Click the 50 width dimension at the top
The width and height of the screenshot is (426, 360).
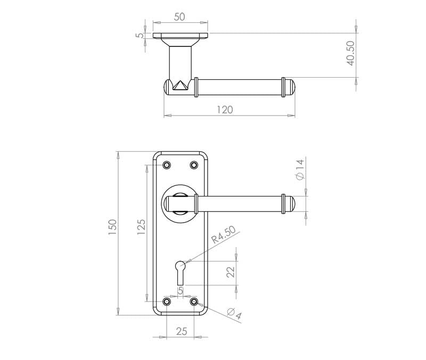(179, 17)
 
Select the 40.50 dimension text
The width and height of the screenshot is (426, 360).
(350, 53)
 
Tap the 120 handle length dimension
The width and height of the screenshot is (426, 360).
(225, 110)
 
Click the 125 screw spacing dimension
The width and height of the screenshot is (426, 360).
(141, 227)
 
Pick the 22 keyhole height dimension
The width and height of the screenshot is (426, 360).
(231, 272)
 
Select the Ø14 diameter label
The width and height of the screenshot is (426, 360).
(300, 169)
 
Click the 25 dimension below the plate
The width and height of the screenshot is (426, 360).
(182, 331)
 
